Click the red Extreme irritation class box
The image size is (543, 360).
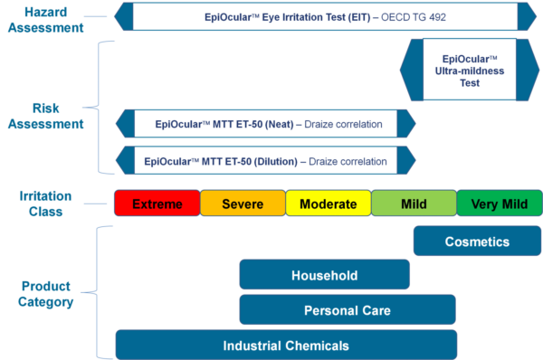click(x=157, y=204)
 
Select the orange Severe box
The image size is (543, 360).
click(x=243, y=204)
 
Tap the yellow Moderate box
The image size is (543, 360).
click(x=328, y=204)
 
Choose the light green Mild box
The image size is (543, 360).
click(x=414, y=204)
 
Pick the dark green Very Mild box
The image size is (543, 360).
click(x=500, y=204)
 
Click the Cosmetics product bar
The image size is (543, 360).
click(x=477, y=242)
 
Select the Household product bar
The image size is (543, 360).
click(x=324, y=275)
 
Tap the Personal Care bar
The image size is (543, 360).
click(x=348, y=310)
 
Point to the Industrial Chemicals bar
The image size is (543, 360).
click(x=286, y=345)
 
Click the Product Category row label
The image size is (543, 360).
click(x=44, y=293)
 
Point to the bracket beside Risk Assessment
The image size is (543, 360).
click(x=102, y=107)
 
